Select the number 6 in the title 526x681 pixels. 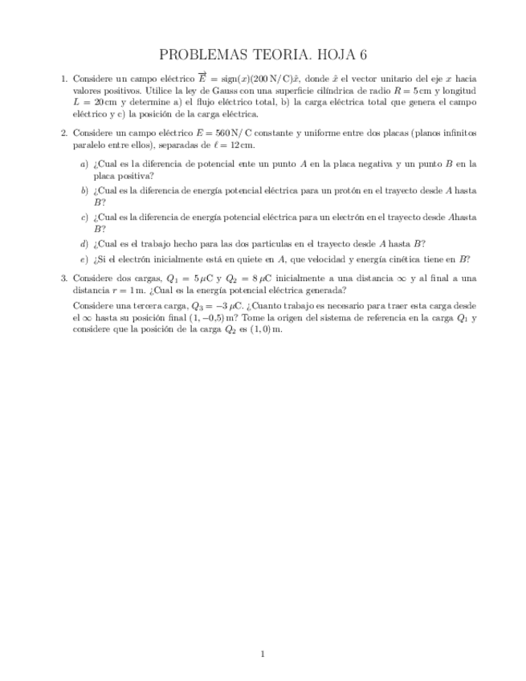point(363,55)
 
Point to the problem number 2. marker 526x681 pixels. point(64,133)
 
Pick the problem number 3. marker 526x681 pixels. point(64,278)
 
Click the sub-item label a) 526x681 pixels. point(84,164)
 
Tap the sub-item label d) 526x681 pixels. point(84,243)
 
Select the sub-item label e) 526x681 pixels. point(84,259)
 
